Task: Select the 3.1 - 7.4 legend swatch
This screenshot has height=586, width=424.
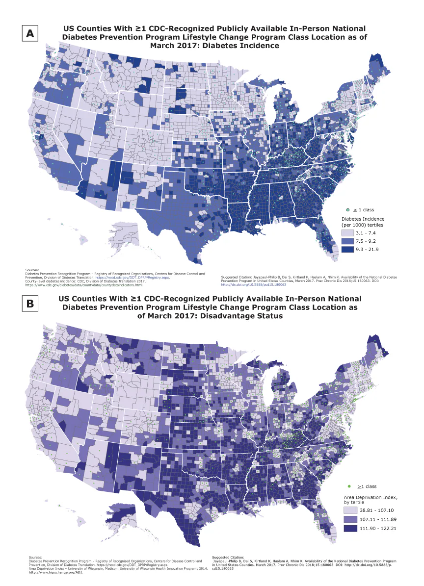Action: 347,232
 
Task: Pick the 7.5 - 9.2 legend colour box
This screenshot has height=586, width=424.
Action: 347,241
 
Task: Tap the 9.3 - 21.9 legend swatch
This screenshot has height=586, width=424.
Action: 347,250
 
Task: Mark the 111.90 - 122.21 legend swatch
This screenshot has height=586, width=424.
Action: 349,528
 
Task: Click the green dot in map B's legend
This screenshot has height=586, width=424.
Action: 349,486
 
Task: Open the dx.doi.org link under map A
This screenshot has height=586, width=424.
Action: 249,284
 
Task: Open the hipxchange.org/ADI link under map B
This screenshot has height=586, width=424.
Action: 46,572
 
